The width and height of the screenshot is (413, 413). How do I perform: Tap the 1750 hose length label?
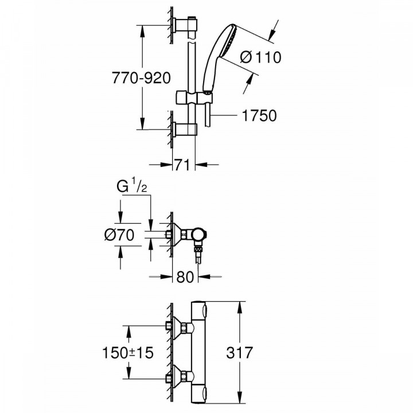click(258, 115)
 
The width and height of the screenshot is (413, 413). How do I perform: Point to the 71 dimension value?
click(183, 165)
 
